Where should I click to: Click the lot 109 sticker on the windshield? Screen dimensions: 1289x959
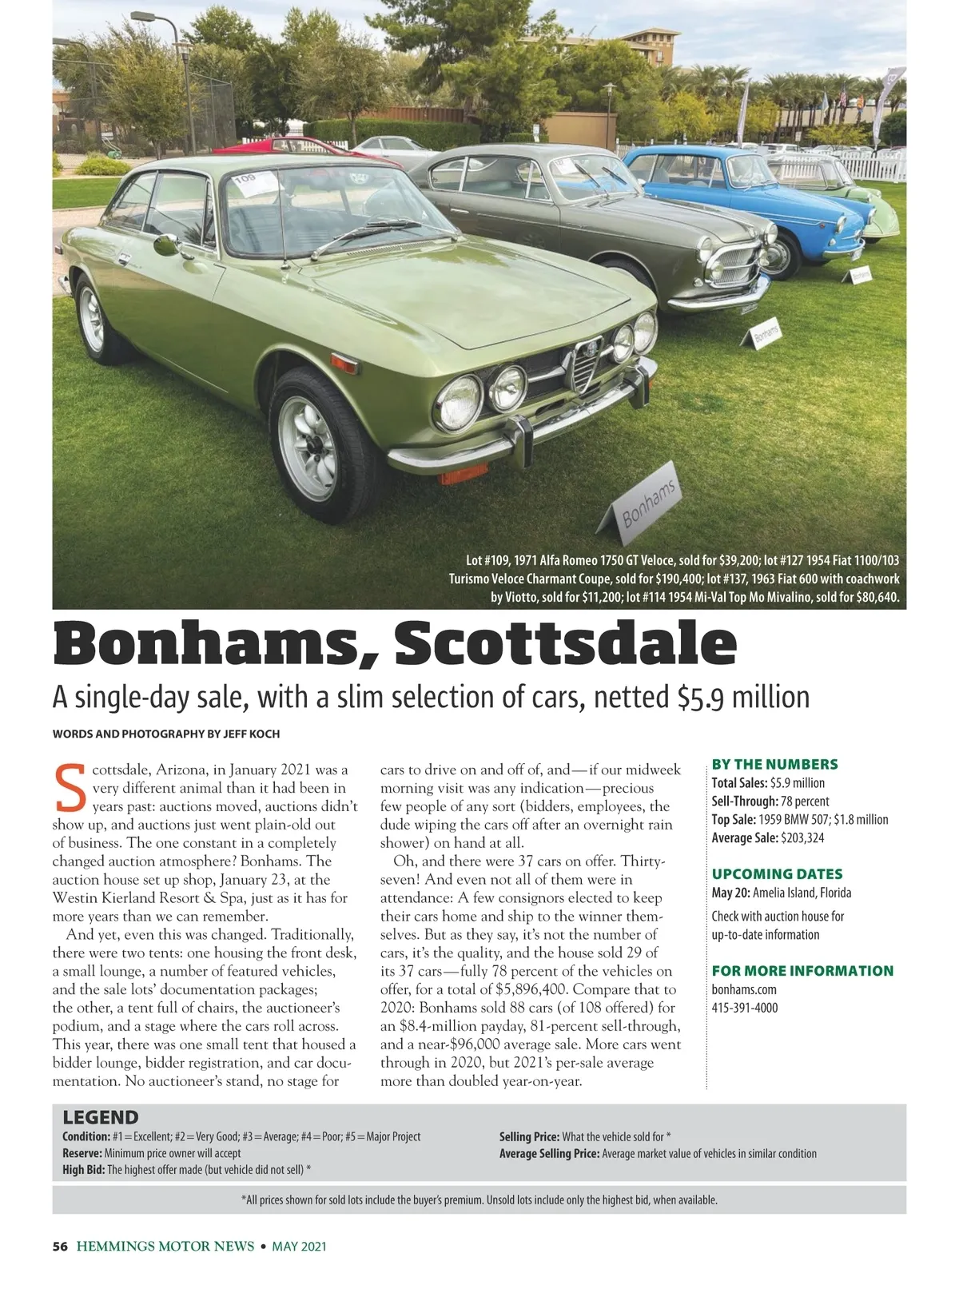pyautogui.click(x=253, y=183)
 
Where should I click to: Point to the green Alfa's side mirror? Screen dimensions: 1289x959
pyautogui.click(x=166, y=244)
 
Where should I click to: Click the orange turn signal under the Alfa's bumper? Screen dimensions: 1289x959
pyautogui.click(x=464, y=473)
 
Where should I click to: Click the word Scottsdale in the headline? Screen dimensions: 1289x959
pyautogui.click(x=565, y=644)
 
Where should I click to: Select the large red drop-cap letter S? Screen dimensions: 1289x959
pyautogui.click(x=70, y=788)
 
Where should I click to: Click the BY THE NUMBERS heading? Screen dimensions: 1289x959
pyautogui.click(x=774, y=764)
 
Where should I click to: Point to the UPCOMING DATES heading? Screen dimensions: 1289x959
pyautogui.click(x=777, y=874)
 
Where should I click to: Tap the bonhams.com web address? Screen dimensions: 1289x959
pyautogui.click(x=743, y=989)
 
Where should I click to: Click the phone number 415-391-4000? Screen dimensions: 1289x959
pyautogui.click(x=744, y=1008)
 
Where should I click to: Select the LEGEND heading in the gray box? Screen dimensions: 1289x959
pyautogui.click(x=101, y=1117)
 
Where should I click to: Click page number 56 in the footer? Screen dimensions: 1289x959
pyautogui.click(x=60, y=1246)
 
